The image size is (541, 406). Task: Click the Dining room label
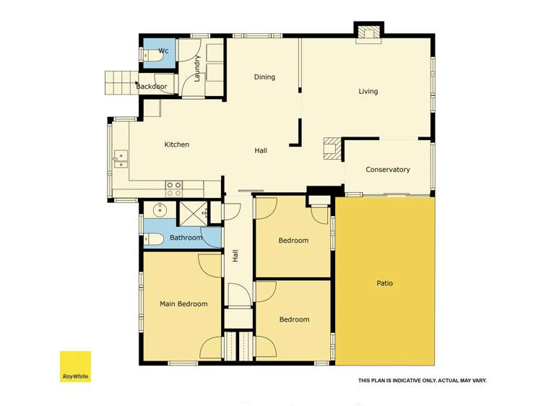[x=264, y=77]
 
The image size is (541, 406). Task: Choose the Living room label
[x=368, y=92]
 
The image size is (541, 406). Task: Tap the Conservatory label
[x=387, y=170]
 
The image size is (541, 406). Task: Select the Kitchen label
[x=176, y=144]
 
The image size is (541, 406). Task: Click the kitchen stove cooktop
[x=174, y=189]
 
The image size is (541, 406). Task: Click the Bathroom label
[x=186, y=238]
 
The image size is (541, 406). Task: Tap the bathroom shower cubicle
[x=191, y=213]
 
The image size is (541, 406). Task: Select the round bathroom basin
[x=158, y=211]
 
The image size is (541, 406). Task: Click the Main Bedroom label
[x=183, y=304]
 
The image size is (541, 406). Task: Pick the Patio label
[x=384, y=283]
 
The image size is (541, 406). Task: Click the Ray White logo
[x=75, y=366]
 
